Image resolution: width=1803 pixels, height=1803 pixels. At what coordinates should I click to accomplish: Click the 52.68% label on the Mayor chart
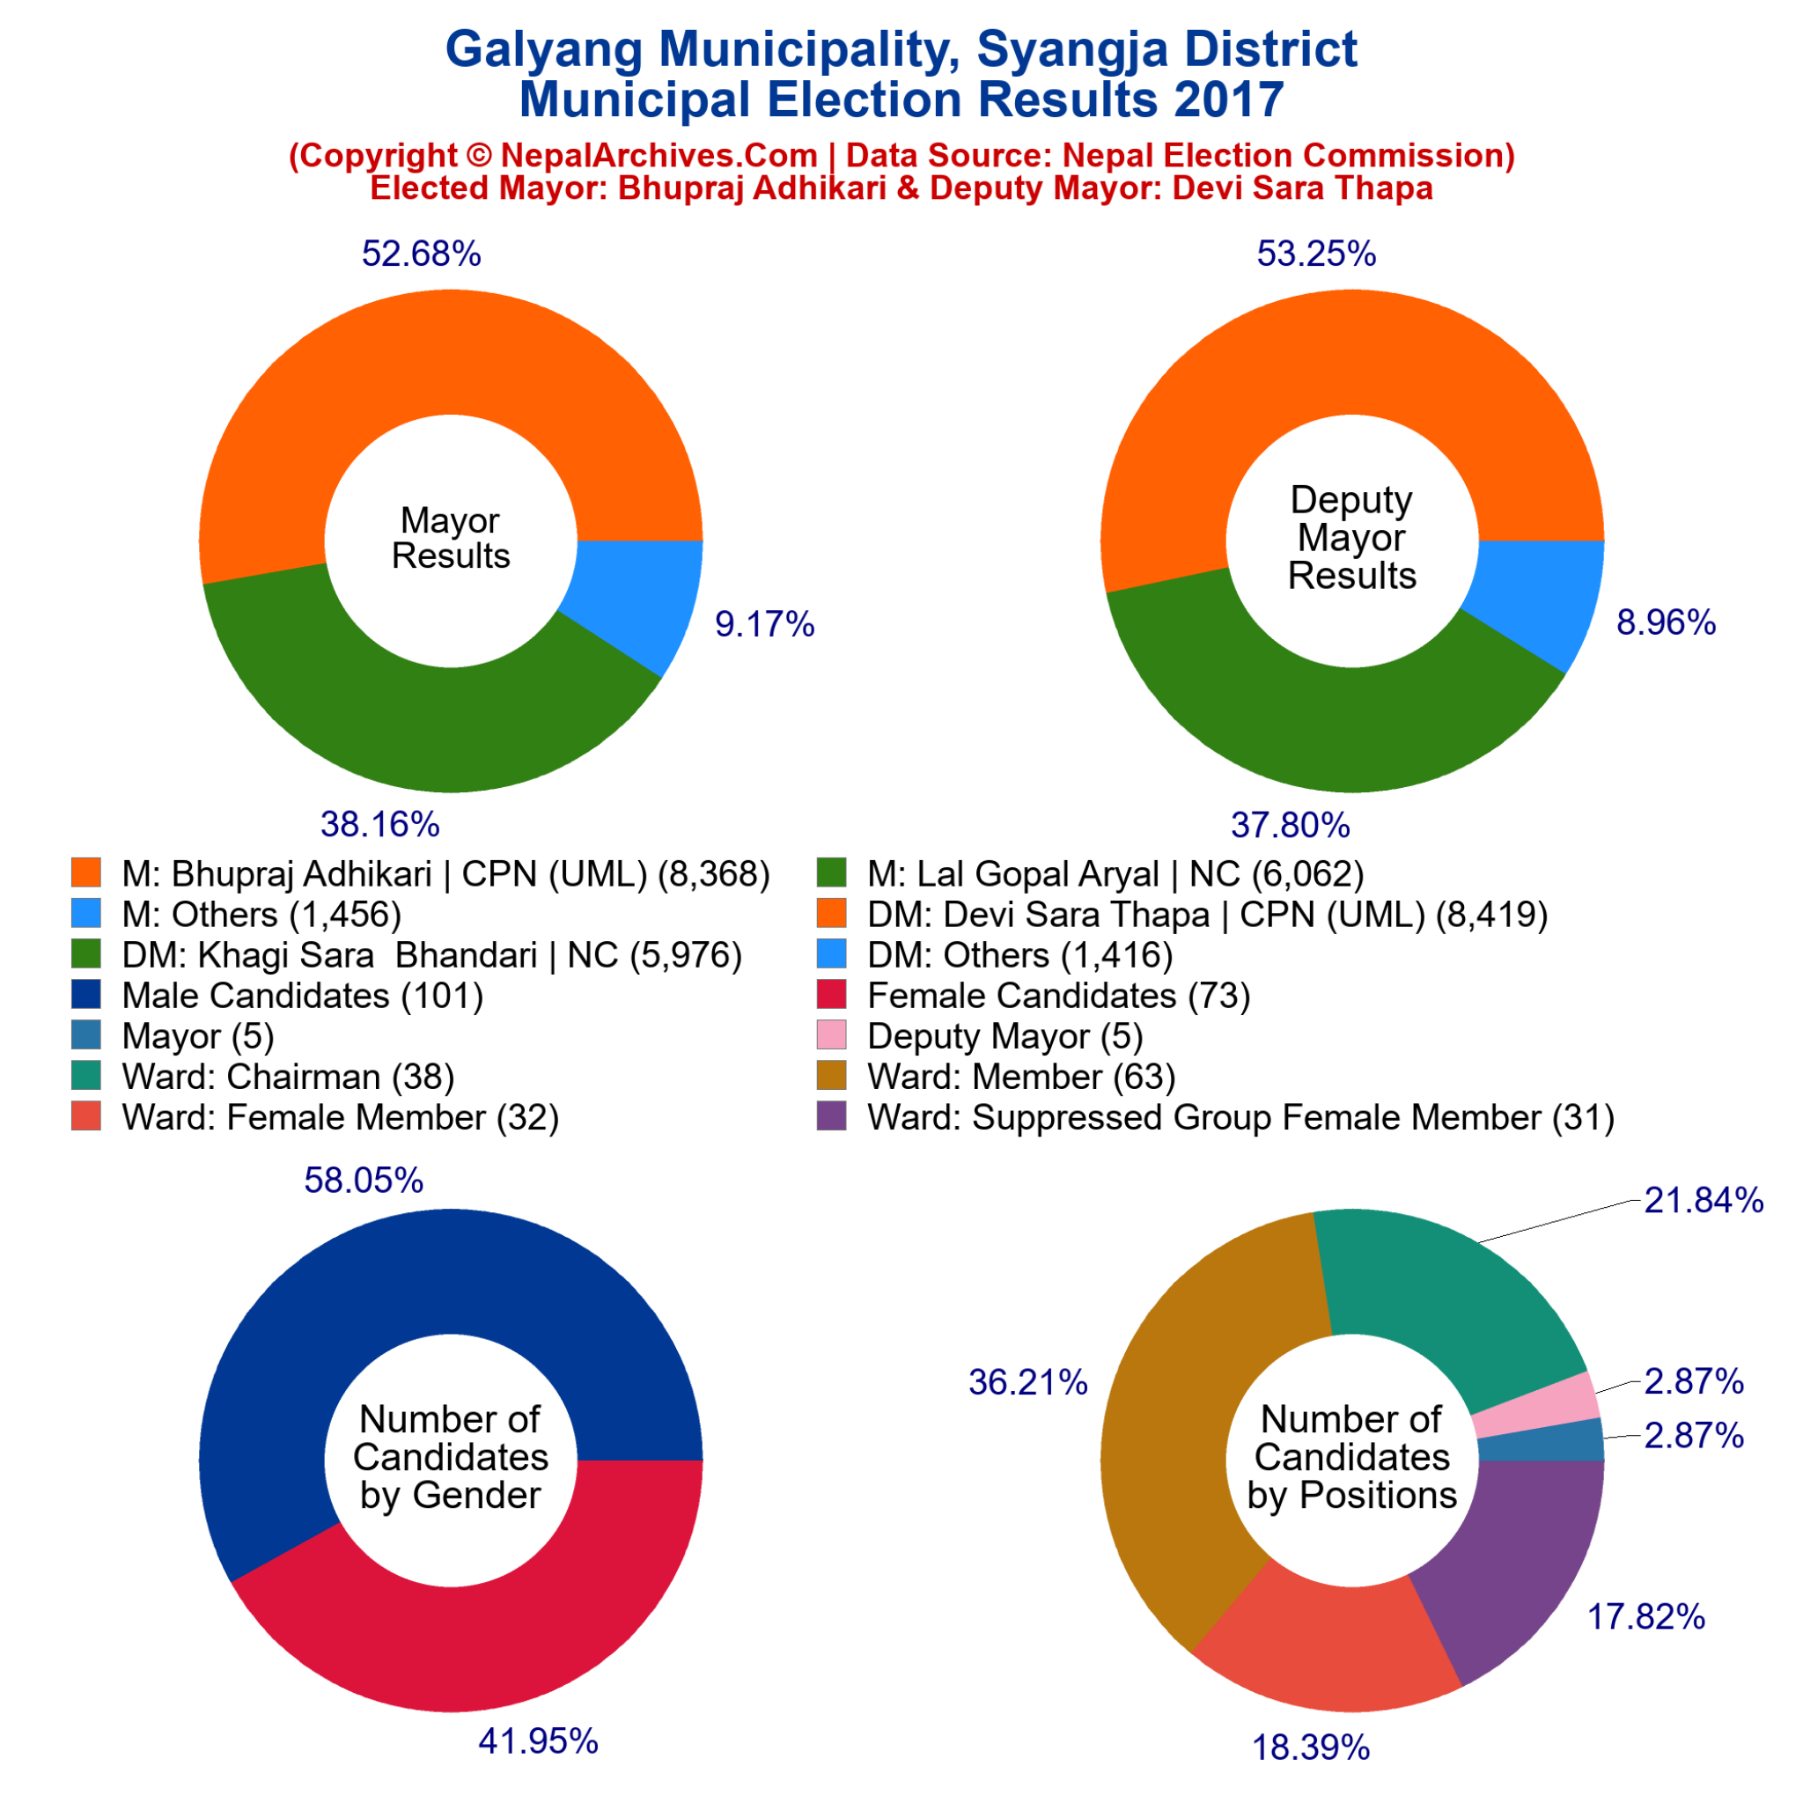tap(421, 254)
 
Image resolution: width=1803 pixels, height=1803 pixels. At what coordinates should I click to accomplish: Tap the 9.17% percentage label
tap(764, 624)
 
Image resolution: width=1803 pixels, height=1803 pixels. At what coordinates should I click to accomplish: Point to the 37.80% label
tap(1290, 825)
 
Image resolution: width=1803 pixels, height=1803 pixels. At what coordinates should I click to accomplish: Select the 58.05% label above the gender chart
tap(363, 1181)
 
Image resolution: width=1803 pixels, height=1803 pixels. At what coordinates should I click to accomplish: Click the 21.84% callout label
tap(1704, 1200)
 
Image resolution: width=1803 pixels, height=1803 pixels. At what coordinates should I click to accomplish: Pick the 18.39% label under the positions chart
tap(1310, 1748)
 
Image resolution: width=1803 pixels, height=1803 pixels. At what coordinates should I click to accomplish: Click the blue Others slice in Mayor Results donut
tap(635, 597)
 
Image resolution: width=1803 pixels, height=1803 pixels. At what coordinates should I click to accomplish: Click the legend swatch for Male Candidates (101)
tap(86, 995)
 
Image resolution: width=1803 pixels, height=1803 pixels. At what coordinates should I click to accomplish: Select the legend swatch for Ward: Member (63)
tap(831, 1076)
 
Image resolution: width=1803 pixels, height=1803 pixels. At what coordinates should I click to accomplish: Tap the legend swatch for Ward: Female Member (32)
tap(86, 1117)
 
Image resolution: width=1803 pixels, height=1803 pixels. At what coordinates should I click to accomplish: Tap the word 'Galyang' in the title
tap(544, 49)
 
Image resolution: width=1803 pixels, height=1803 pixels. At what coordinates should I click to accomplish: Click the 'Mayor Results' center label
tap(451, 539)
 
